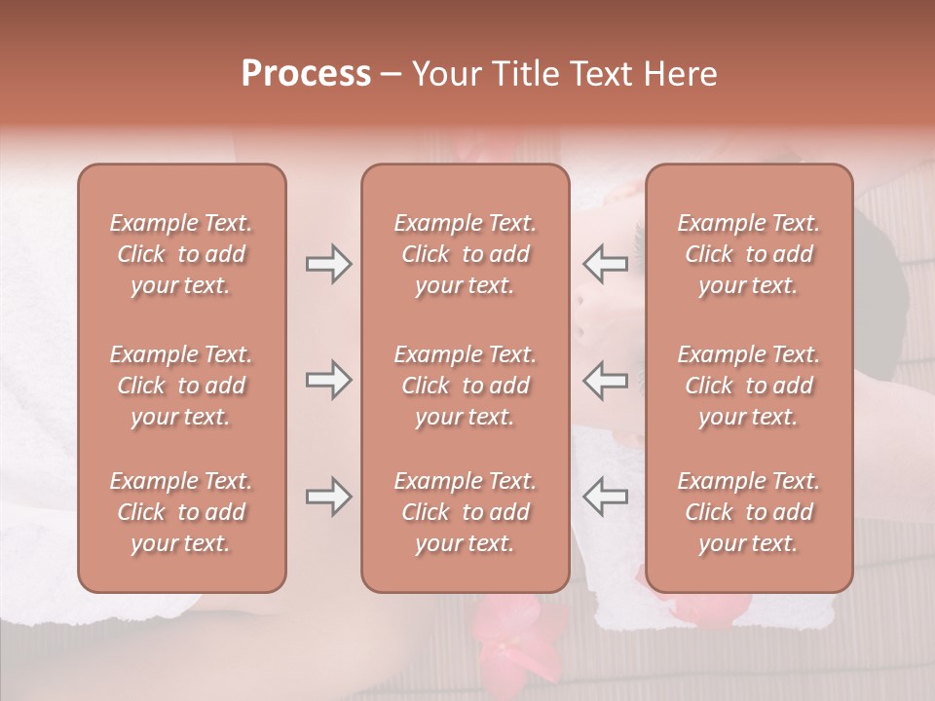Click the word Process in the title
coord(306,74)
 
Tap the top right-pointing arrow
coord(328,264)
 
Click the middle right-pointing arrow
coord(328,380)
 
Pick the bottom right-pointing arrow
coord(328,497)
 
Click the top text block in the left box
coord(181,254)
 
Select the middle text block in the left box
coord(181,386)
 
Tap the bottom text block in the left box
coord(181,512)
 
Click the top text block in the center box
coord(466,254)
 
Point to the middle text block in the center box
coord(466,386)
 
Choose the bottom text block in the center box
coord(466,512)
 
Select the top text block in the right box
coord(749,254)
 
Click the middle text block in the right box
coord(749,386)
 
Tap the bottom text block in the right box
coord(749,512)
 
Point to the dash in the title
coord(392,75)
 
